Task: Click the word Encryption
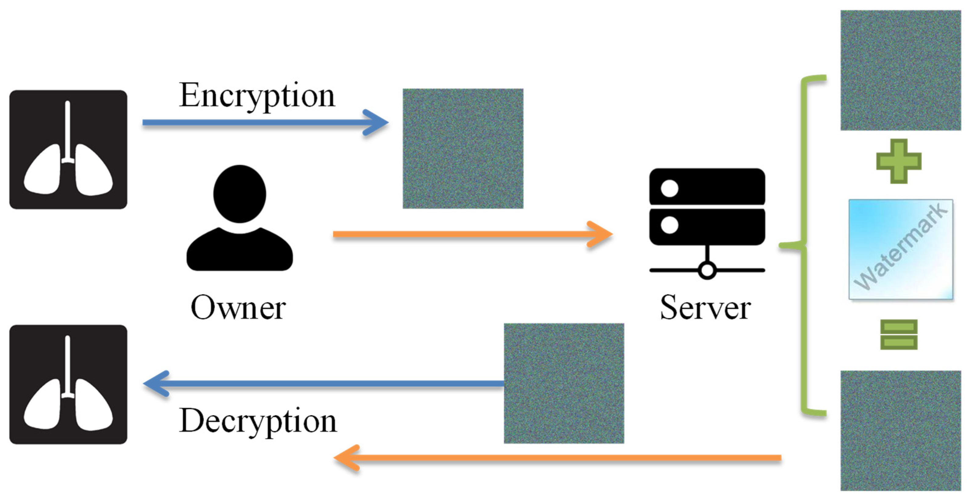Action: point(257,96)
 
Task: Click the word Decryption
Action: point(258,421)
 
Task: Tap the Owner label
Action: point(238,308)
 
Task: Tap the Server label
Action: point(705,308)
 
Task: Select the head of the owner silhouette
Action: point(240,194)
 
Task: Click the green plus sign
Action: point(899,161)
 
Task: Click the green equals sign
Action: point(899,334)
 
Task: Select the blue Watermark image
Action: point(901,249)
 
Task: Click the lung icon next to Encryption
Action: point(68,150)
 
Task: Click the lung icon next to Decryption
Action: point(68,384)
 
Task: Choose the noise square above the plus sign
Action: point(901,71)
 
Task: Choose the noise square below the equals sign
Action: point(901,430)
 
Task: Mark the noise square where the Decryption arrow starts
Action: point(564,383)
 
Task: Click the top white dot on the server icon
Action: point(669,188)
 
